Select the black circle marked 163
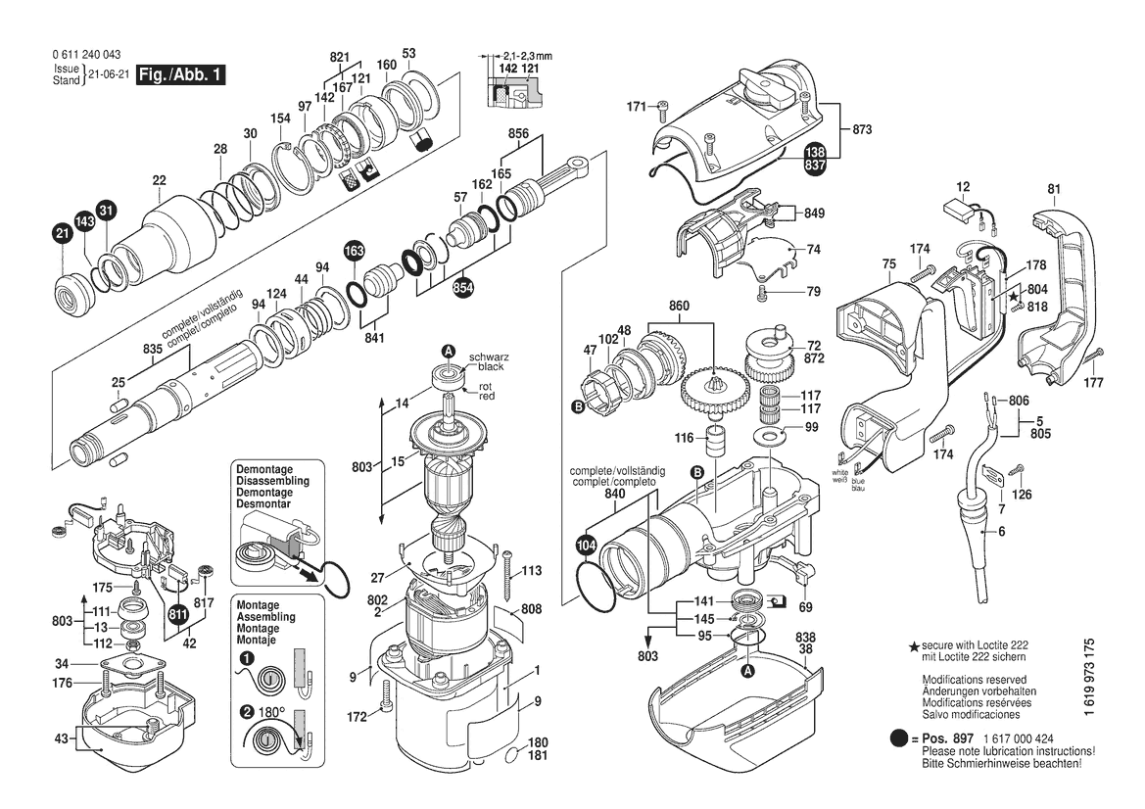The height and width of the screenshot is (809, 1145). click(x=354, y=252)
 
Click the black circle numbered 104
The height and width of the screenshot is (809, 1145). click(x=586, y=544)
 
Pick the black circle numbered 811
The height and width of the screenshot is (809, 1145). click(x=177, y=614)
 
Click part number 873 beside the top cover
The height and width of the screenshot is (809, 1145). click(x=862, y=129)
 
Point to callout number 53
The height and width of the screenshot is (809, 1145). click(x=409, y=53)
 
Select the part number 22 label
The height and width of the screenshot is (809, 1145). click(x=159, y=179)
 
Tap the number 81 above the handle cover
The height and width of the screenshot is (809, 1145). click(x=1054, y=189)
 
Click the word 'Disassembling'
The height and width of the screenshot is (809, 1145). click(x=272, y=481)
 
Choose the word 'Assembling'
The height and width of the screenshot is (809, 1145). click(x=265, y=618)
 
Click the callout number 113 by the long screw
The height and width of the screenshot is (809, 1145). click(x=531, y=570)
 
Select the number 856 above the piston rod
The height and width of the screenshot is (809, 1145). click(x=519, y=132)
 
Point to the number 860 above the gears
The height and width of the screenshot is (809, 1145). click(x=680, y=307)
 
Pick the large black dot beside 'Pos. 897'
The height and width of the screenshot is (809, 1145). click(x=899, y=738)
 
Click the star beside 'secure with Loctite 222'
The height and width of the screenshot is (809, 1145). click(x=914, y=647)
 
